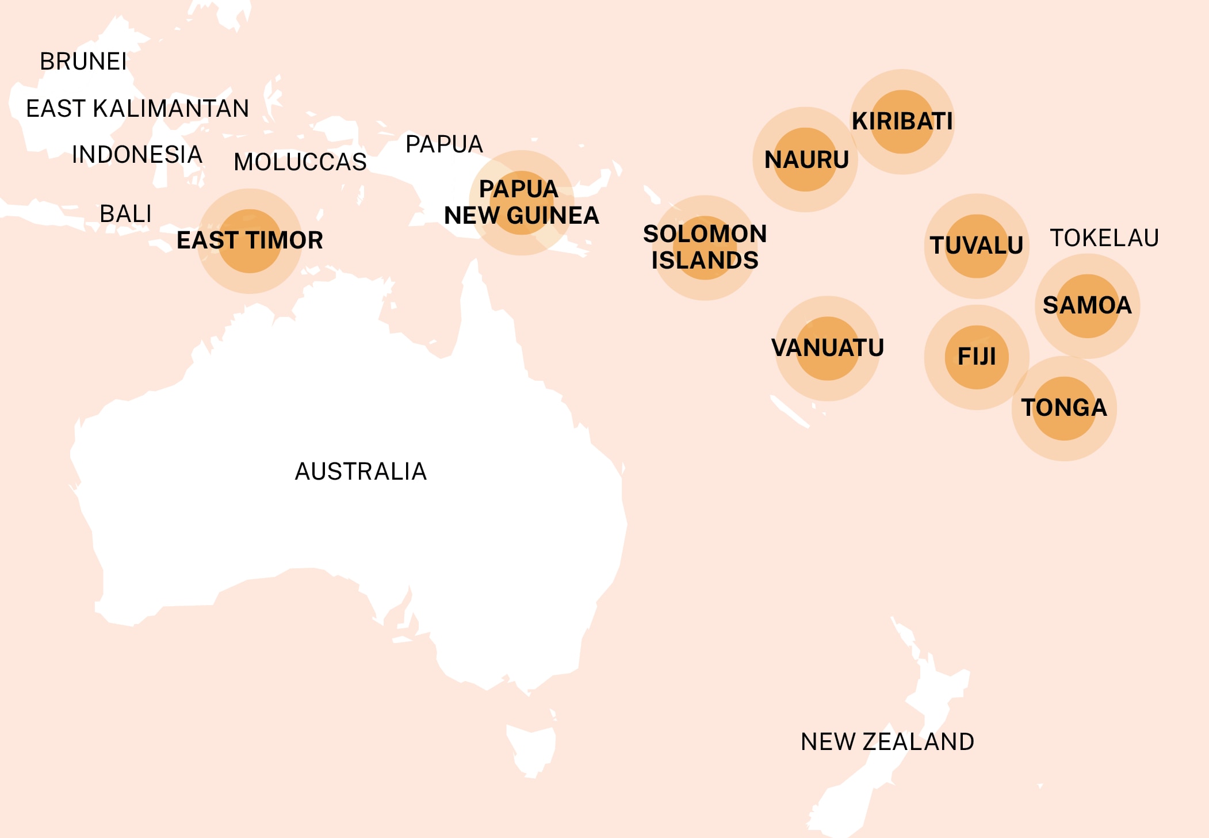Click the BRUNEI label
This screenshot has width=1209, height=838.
point(83,62)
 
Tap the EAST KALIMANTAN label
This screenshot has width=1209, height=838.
point(137,109)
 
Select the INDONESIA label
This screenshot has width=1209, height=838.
point(137,155)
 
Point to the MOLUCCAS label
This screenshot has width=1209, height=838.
point(300,162)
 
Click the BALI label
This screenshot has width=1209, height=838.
point(125,214)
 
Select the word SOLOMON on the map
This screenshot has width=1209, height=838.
point(705,234)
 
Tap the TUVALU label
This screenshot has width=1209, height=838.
point(976,246)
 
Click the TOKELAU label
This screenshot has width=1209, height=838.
point(1104,238)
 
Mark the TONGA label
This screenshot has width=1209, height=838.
point(1063,408)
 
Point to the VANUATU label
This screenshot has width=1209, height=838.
point(827,348)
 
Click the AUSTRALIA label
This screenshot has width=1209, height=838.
point(361,472)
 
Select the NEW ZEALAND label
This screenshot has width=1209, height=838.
point(887,742)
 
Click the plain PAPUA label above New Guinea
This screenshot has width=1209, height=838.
point(444,144)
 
